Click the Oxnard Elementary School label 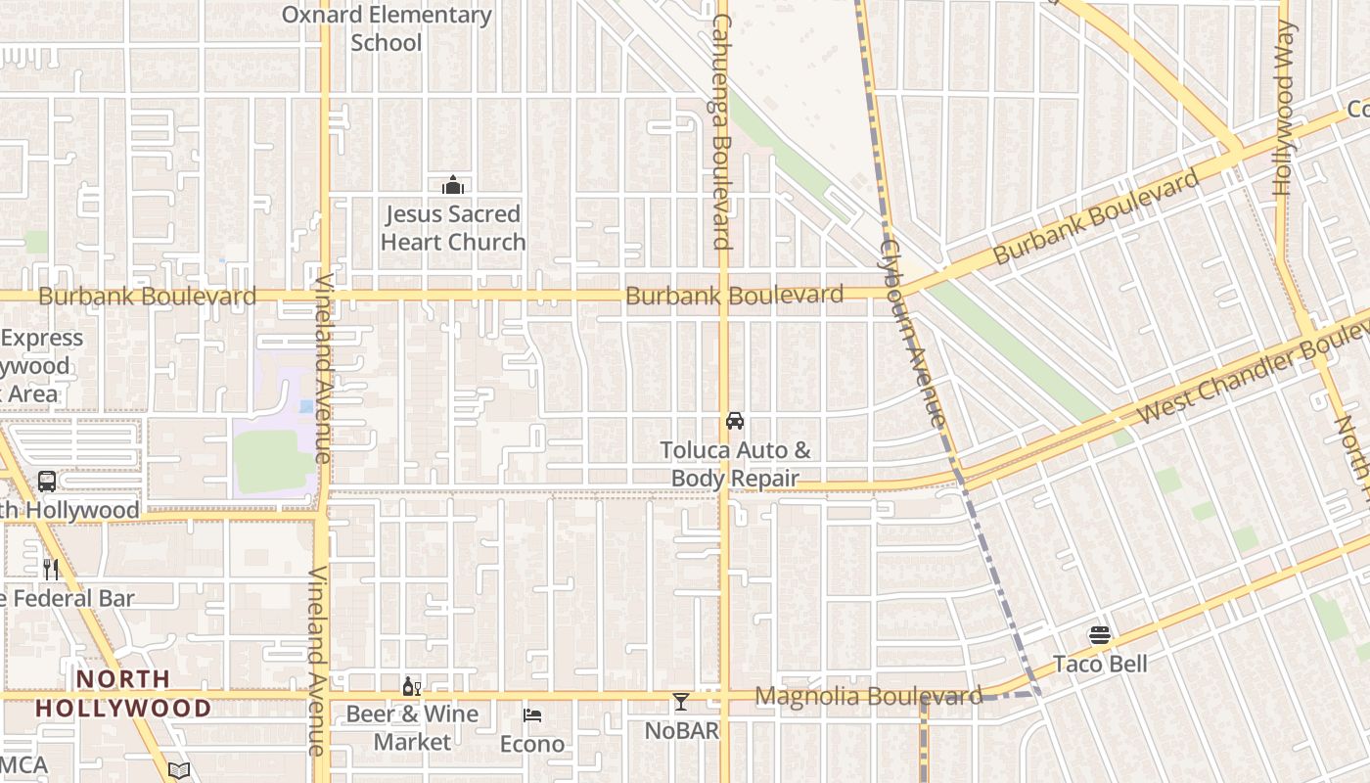(387, 28)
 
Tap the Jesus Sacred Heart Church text (453, 228)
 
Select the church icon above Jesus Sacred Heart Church (453, 185)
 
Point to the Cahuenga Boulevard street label (722, 131)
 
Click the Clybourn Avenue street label (913, 333)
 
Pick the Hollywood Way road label (1284, 108)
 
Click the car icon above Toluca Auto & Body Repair (735, 421)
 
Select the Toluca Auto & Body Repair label (735, 465)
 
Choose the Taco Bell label (1100, 665)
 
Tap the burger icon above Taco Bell (1100, 635)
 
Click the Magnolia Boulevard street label (869, 696)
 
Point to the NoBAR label (682, 731)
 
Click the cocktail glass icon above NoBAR (681, 702)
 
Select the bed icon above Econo (532, 715)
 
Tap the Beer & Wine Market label (412, 728)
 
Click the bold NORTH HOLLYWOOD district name (123, 693)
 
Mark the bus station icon (46, 482)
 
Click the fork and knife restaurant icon (51, 570)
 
